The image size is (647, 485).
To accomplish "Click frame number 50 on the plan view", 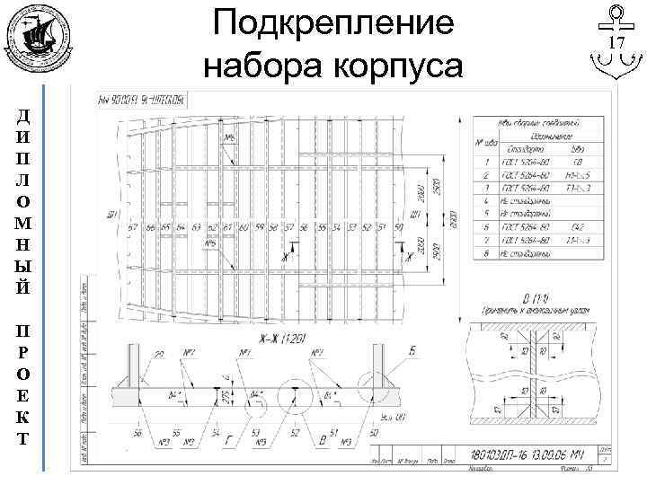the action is pos(398,228).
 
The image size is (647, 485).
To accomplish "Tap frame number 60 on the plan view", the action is pos(243,228).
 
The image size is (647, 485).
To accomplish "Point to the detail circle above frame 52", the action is pos(294,396).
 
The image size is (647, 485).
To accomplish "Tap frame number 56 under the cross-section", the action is pos(138,433).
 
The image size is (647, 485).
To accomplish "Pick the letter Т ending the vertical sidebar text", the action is pos(22,439).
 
